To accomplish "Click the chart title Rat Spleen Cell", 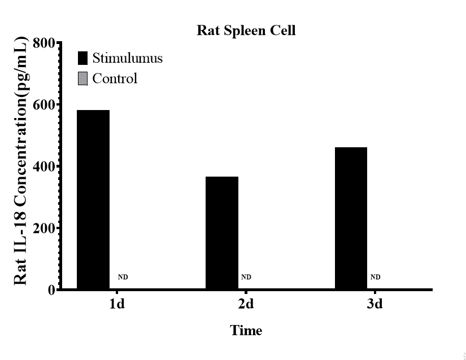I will click(246, 30).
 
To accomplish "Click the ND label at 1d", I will click(123, 277).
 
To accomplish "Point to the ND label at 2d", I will click(246, 277).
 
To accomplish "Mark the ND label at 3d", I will click(375, 277).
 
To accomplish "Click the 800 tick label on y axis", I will click(44, 43).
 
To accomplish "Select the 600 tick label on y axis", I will click(44, 105).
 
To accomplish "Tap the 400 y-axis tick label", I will click(44, 167).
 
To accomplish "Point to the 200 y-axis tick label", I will click(44, 229).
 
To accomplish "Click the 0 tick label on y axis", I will click(51, 290).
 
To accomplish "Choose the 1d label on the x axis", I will click(117, 305).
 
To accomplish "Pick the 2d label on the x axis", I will click(246, 305).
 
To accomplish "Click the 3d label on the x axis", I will click(374, 305).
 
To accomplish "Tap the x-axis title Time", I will click(246, 331).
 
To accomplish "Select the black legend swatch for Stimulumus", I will click(82, 58).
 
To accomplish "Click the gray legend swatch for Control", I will click(82, 78).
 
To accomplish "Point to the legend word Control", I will click(115, 78).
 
